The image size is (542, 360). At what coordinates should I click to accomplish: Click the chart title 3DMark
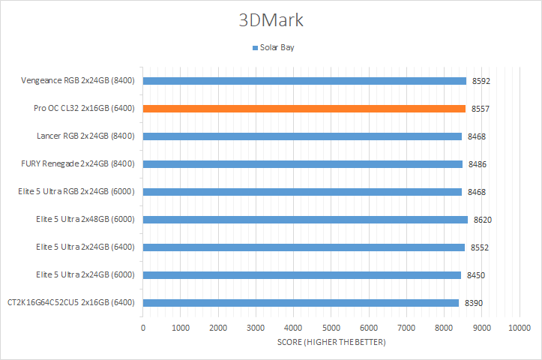click(x=271, y=20)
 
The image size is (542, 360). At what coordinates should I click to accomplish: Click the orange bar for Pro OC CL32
click(x=304, y=109)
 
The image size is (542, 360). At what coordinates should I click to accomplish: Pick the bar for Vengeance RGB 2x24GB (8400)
click(x=304, y=81)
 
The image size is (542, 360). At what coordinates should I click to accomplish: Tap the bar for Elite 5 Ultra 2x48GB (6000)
click(x=305, y=220)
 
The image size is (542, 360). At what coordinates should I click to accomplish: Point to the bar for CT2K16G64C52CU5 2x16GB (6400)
click(x=301, y=303)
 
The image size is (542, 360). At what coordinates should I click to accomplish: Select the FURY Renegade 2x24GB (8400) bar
click(x=302, y=164)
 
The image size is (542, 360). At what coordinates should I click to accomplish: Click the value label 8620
click(x=482, y=220)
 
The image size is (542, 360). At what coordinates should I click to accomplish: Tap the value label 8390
click(x=474, y=303)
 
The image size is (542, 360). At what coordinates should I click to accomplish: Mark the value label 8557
click(x=481, y=109)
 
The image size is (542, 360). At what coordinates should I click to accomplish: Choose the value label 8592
click(x=481, y=81)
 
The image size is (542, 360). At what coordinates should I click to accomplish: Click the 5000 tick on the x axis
click(x=331, y=328)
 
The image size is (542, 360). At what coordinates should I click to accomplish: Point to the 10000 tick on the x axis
click(x=520, y=328)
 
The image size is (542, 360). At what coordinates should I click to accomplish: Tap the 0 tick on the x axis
click(x=143, y=328)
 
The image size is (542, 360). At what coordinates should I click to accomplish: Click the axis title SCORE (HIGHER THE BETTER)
click(x=331, y=343)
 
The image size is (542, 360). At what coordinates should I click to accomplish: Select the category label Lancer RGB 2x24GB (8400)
click(x=85, y=136)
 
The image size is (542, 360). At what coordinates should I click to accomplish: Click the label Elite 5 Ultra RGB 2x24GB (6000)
click(x=76, y=192)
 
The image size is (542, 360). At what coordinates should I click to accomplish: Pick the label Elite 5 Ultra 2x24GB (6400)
click(x=85, y=247)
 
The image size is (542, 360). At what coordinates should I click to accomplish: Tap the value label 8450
click(x=476, y=275)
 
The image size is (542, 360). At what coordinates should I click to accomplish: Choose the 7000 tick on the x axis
click(x=406, y=328)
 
